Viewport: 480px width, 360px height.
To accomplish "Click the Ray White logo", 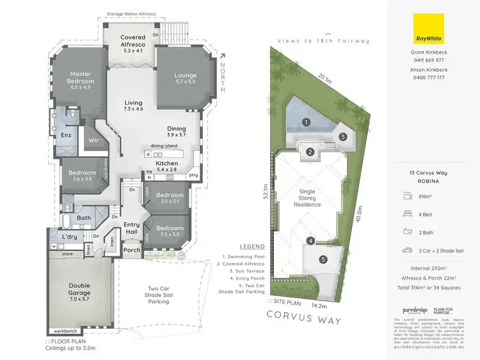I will click(x=428, y=29).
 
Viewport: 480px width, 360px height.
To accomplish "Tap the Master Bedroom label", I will click(x=81, y=77).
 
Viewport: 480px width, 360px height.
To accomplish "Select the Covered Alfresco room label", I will click(x=133, y=41).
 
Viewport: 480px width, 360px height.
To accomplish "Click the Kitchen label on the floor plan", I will click(x=166, y=163).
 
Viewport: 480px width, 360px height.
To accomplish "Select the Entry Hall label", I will click(x=131, y=228).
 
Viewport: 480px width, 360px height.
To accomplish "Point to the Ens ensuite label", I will click(x=66, y=135).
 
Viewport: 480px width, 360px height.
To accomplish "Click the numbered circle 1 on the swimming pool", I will click(x=307, y=122).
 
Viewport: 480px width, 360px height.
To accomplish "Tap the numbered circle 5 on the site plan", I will click(x=323, y=259).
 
